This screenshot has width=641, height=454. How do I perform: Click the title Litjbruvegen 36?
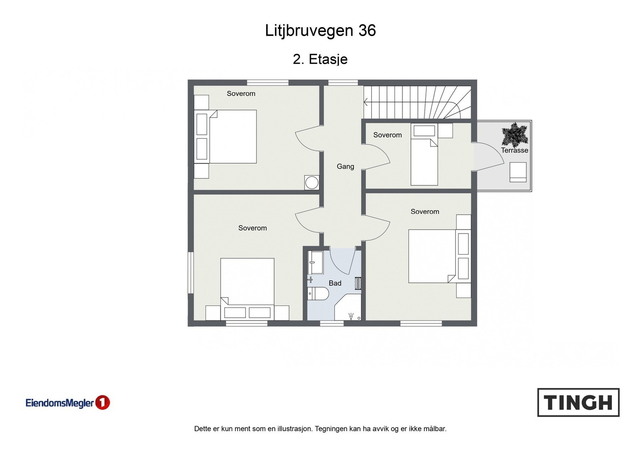(x=320, y=30)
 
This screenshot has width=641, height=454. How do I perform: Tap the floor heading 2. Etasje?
(x=320, y=59)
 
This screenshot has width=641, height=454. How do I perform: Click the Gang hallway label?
(x=345, y=166)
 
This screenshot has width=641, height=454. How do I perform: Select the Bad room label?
(x=335, y=283)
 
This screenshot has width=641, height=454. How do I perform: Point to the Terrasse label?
(x=514, y=150)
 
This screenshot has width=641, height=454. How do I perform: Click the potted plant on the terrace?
(x=514, y=135)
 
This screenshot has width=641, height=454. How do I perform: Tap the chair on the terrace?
(x=518, y=172)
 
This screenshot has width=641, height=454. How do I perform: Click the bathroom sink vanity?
(x=315, y=262)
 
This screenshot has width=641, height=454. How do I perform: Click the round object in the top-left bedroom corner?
(x=312, y=183)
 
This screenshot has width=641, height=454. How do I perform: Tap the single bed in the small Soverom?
(x=424, y=160)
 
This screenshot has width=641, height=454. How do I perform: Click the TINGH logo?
(x=578, y=402)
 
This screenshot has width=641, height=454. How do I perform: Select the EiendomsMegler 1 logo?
(x=67, y=403)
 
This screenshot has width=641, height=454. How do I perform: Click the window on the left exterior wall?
(x=190, y=273)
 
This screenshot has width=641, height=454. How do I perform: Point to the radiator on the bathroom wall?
(x=358, y=283)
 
